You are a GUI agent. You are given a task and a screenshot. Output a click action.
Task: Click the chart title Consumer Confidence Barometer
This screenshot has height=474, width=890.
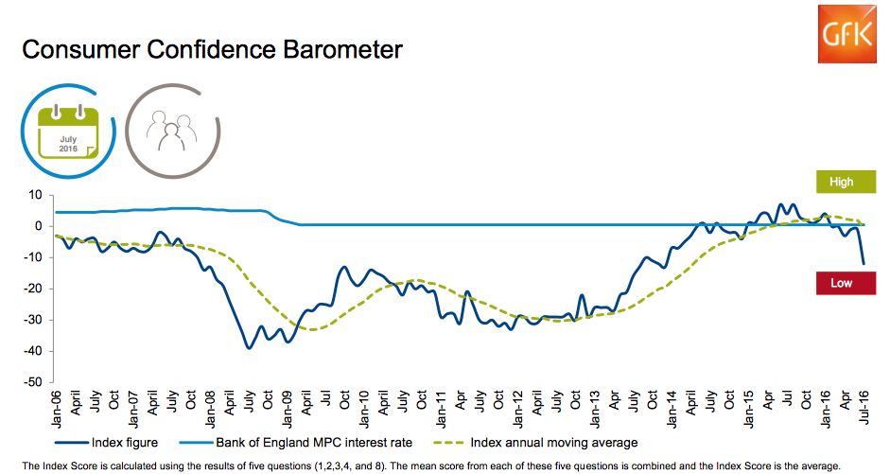point(211,49)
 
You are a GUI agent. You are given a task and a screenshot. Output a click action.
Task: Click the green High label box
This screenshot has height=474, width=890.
point(841,182)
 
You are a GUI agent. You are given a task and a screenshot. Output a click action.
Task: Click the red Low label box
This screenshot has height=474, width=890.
point(841,282)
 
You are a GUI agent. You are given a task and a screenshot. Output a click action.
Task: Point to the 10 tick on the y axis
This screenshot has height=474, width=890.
point(36,195)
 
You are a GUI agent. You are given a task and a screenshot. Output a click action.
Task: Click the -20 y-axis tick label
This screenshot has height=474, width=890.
point(33,289)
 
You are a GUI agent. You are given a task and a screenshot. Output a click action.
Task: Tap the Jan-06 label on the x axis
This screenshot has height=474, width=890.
point(57,409)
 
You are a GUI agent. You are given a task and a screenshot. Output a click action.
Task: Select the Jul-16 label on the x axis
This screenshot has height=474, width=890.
point(864,409)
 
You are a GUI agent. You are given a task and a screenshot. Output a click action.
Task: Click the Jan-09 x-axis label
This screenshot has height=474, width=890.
point(288,409)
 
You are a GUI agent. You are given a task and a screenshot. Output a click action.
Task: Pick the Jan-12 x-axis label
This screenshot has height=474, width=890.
point(519,409)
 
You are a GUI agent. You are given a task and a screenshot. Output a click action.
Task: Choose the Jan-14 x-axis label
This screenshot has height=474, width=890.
point(672,409)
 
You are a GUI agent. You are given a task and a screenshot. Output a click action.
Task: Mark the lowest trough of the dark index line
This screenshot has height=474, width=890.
point(249,348)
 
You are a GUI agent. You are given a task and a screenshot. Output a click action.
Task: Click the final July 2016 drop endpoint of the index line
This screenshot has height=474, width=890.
point(864,264)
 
